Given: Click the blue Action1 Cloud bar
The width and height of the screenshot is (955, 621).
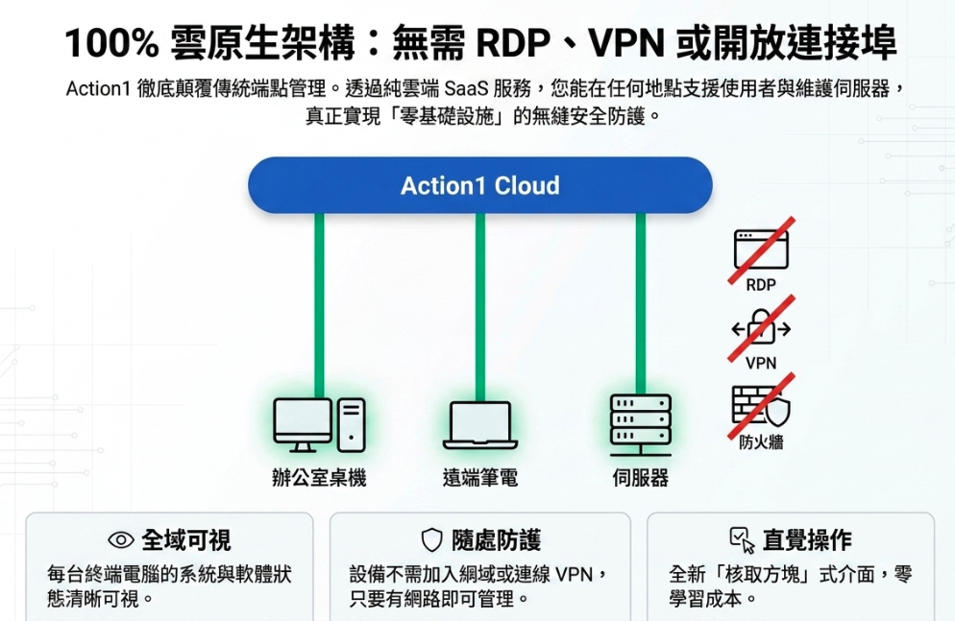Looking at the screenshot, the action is (x=480, y=185).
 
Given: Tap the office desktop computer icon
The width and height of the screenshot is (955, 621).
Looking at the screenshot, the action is (x=319, y=425).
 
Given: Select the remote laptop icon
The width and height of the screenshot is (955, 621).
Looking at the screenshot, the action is (x=480, y=425).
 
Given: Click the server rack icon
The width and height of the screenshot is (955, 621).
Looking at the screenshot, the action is (x=641, y=425).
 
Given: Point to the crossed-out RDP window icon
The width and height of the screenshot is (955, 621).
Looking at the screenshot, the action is (x=761, y=250).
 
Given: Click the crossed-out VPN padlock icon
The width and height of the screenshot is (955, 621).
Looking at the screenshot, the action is (x=761, y=328).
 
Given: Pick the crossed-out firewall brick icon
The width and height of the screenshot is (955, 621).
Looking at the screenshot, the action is (x=761, y=406).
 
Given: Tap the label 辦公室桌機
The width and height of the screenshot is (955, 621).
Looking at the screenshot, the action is (x=319, y=478).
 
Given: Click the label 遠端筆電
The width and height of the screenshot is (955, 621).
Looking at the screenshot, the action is (x=480, y=478).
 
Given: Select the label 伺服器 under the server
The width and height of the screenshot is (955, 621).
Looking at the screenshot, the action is (x=641, y=478).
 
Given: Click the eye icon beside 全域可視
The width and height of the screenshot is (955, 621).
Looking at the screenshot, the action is (x=121, y=540).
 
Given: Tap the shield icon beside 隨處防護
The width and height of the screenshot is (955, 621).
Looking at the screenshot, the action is (x=431, y=540).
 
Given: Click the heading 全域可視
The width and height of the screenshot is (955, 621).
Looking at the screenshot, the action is (x=186, y=540).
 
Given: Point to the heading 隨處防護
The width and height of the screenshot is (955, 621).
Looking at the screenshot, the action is (x=497, y=540).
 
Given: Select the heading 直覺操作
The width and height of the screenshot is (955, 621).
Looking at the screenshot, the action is (x=808, y=540).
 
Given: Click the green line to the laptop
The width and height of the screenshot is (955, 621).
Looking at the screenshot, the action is (x=480, y=307).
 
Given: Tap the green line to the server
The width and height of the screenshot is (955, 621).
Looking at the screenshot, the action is (x=641, y=303).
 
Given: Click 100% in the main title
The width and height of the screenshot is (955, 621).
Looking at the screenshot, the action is (x=111, y=43).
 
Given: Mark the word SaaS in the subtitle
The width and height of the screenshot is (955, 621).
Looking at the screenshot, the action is (x=466, y=89).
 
